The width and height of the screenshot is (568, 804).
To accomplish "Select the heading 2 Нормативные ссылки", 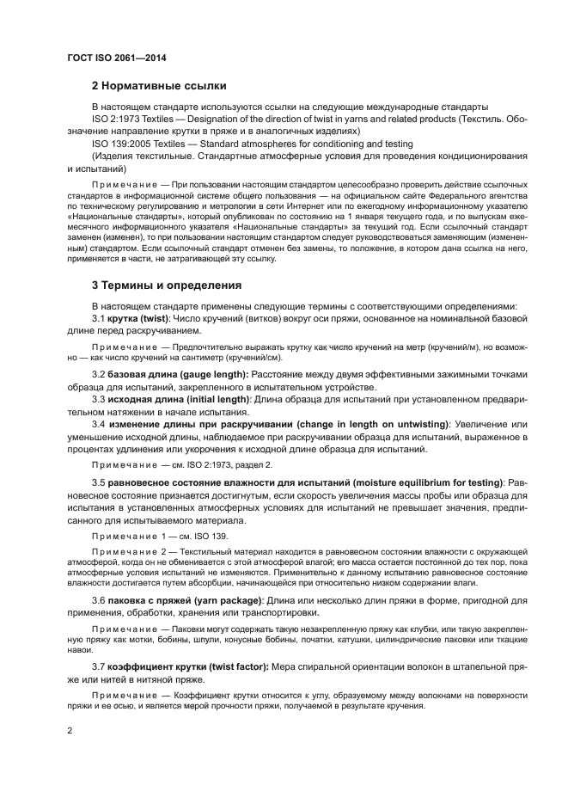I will pyautogui.click(x=159, y=86).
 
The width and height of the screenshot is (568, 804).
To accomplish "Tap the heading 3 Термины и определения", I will pyautogui.click(x=166, y=285).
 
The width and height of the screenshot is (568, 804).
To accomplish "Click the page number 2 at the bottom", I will pyautogui.click(x=70, y=732).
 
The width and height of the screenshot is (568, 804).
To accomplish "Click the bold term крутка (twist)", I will pyautogui.click(x=139, y=318).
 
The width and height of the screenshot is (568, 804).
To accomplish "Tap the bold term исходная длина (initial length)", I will pyautogui.click(x=180, y=400).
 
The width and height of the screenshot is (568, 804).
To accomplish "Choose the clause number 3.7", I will pyautogui.click(x=98, y=667).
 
